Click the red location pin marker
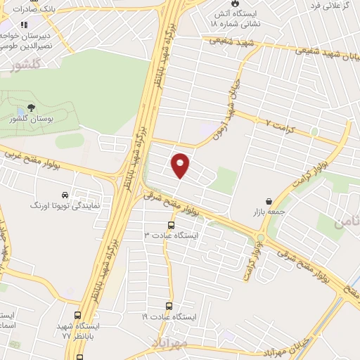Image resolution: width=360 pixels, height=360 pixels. pos(181,165)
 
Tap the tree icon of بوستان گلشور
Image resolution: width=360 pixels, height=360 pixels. pos(30,108)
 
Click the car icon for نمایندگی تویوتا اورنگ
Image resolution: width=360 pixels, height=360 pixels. pos(65,194)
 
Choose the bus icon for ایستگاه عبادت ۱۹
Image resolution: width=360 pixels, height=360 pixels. pos(169,305)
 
